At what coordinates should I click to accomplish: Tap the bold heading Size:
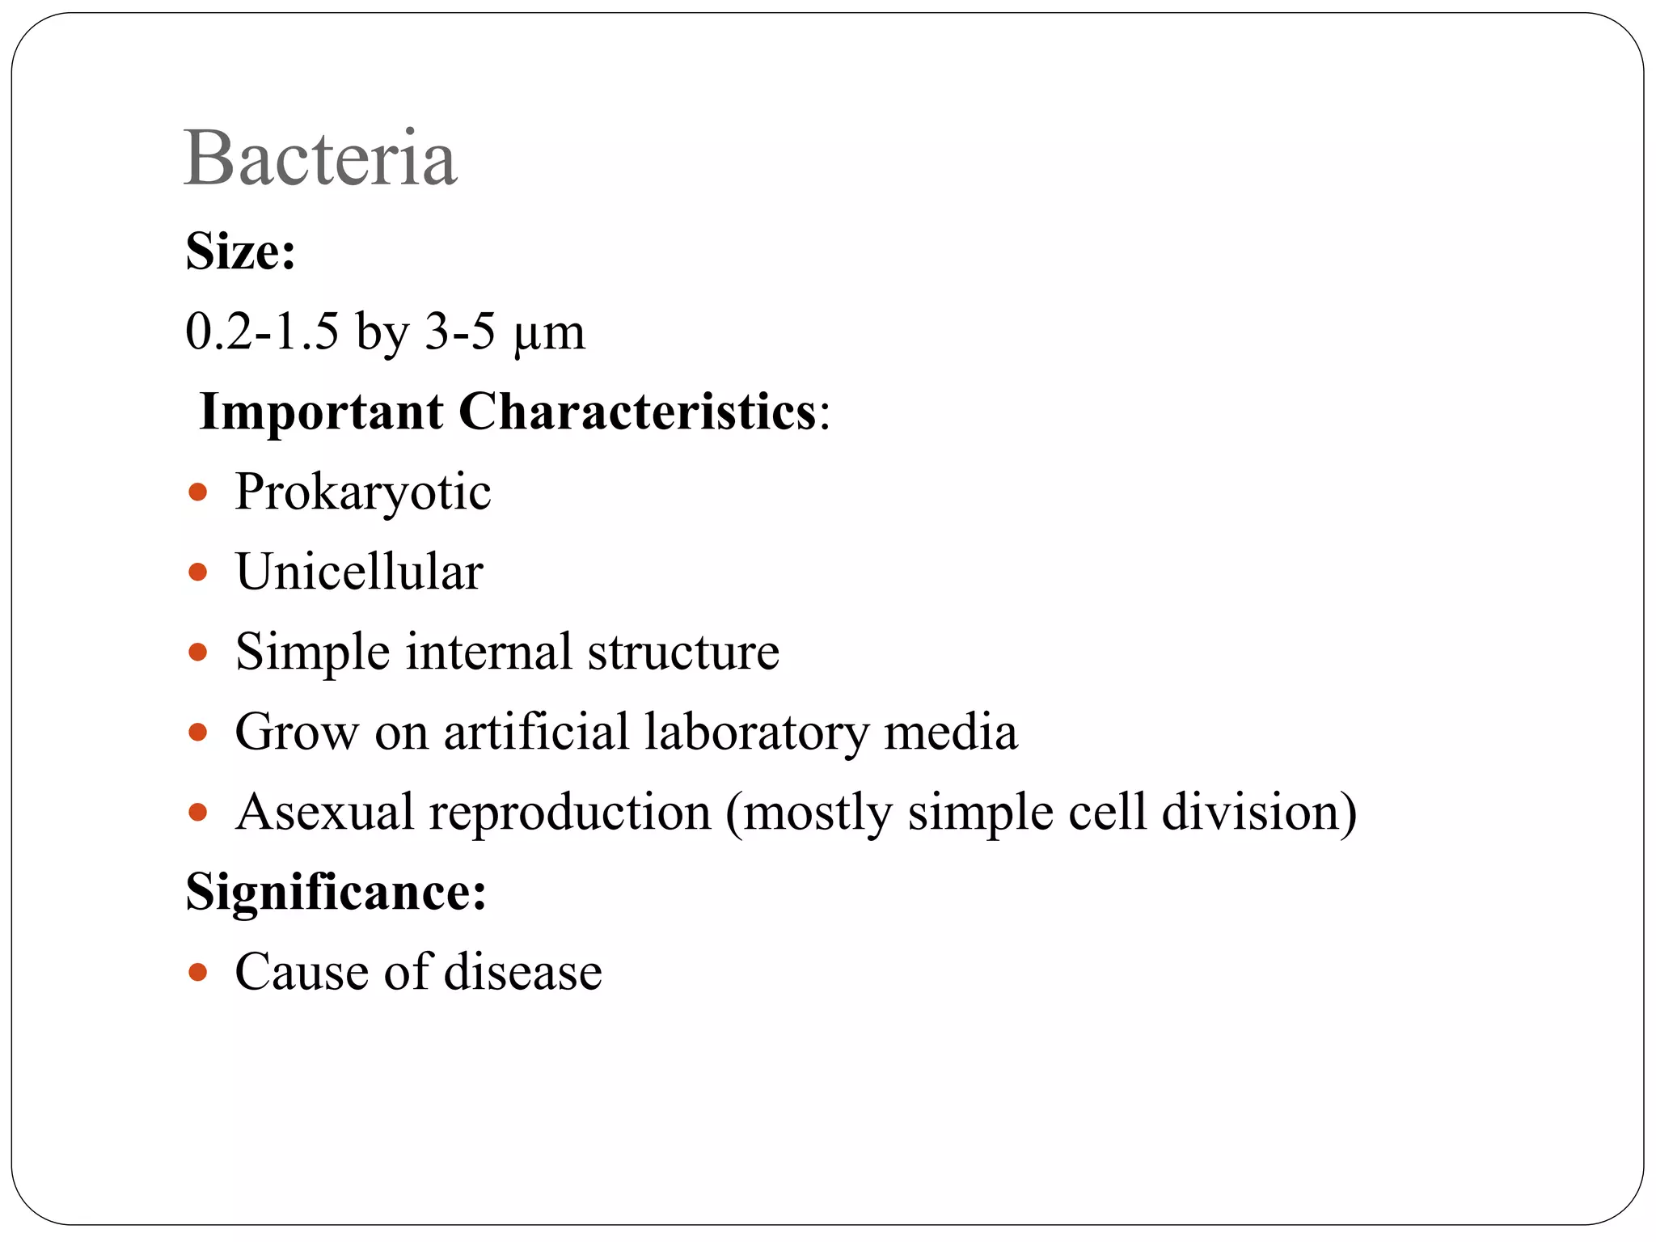pyautogui.click(x=240, y=251)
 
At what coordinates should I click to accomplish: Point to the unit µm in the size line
pyautogui.click(x=549, y=332)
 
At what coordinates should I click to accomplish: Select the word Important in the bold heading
pyautogui.click(x=321, y=412)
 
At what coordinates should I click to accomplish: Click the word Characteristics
pyautogui.click(x=637, y=412)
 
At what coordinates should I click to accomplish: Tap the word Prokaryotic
pyautogui.click(x=363, y=492)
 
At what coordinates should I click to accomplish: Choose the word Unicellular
pyautogui.click(x=359, y=572)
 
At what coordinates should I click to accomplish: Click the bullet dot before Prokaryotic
pyautogui.click(x=197, y=492)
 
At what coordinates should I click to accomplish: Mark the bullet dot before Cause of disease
pyautogui.click(x=197, y=971)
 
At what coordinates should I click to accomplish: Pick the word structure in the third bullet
pyautogui.click(x=683, y=652)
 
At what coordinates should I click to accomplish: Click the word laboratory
pyautogui.click(x=756, y=732)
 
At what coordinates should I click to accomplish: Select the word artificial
pyautogui.click(x=536, y=732)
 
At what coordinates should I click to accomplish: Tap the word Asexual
pyautogui.click(x=325, y=812)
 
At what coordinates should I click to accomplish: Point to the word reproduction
pyautogui.click(x=570, y=812)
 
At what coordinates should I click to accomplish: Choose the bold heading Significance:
pyautogui.click(x=336, y=892)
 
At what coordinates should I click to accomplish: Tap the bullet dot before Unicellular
pyautogui.click(x=197, y=572)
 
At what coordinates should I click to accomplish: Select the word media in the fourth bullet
pyautogui.click(x=950, y=732)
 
